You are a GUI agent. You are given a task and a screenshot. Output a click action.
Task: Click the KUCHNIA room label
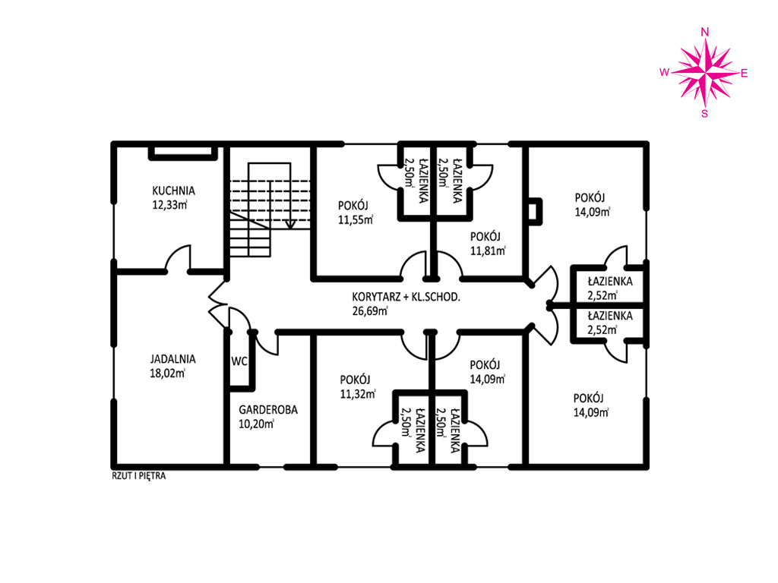pyautogui.click(x=174, y=191)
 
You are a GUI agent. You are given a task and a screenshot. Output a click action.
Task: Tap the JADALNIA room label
pyautogui.click(x=172, y=359)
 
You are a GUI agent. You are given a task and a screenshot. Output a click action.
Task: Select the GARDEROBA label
pyautogui.click(x=268, y=410)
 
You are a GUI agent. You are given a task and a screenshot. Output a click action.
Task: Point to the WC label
pyautogui.click(x=239, y=361)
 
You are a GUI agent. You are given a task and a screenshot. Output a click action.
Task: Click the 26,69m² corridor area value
pyautogui.click(x=370, y=310)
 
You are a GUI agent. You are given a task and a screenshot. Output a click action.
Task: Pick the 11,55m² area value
pyautogui.click(x=356, y=219)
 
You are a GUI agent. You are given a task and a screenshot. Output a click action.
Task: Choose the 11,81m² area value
pyautogui.click(x=488, y=251)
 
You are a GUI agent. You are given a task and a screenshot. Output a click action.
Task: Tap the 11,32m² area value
pyautogui.click(x=357, y=394)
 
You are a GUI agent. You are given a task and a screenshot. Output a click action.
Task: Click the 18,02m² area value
pyautogui.click(x=167, y=373)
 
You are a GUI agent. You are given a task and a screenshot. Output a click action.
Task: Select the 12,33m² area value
pyautogui.click(x=169, y=205)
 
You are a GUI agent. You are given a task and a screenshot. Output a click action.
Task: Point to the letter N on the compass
pyautogui.click(x=704, y=32)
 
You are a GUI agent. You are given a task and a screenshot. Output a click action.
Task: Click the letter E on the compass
pyautogui.click(x=745, y=74)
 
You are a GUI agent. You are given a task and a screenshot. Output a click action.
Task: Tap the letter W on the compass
pyautogui.click(x=664, y=72)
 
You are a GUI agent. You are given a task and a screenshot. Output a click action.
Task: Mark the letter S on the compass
pyautogui.click(x=704, y=114)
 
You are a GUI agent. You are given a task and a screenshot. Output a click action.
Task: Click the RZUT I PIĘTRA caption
pyautogui.click(x=139, y=476)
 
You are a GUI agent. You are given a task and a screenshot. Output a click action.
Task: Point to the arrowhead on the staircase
pyautogui.click(x=290, y=224)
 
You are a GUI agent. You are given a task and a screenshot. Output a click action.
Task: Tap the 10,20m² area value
pyautogui.click(x=257, y=424)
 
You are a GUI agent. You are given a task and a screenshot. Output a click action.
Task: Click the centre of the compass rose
pyautogui.click(x=704, y=73)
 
